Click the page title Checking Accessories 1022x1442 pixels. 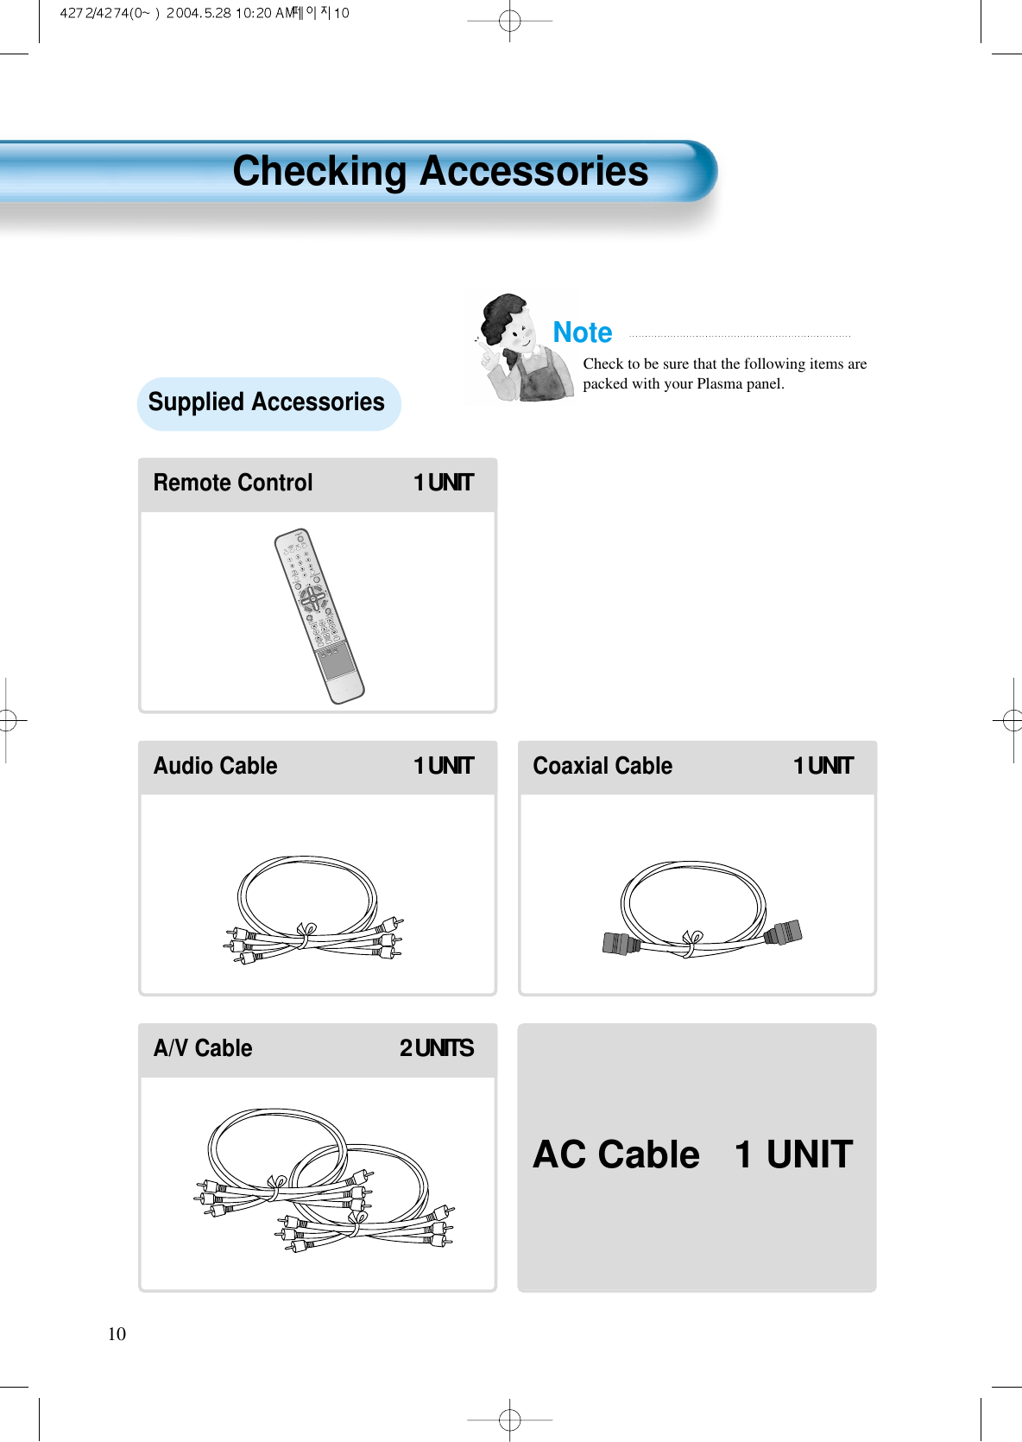[440, 171]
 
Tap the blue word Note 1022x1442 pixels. [583, 332]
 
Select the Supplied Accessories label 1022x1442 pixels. [266, 402]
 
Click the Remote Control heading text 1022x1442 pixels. [233, 483]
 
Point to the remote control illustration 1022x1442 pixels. [319, 615]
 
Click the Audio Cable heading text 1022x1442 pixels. [216, 766]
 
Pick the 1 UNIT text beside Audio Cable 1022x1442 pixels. [444, 766]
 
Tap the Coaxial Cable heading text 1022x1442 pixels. [602, 766]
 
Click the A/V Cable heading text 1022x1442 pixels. [203, 1048]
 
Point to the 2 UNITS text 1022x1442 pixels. [437, 1048]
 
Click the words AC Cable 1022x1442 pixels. [616, 1154]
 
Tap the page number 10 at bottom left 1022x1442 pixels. [117, 1334]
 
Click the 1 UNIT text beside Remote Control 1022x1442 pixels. [444, 483]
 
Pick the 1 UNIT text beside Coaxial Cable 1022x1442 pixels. [823, 766]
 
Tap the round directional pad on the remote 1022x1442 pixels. [312, 598]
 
